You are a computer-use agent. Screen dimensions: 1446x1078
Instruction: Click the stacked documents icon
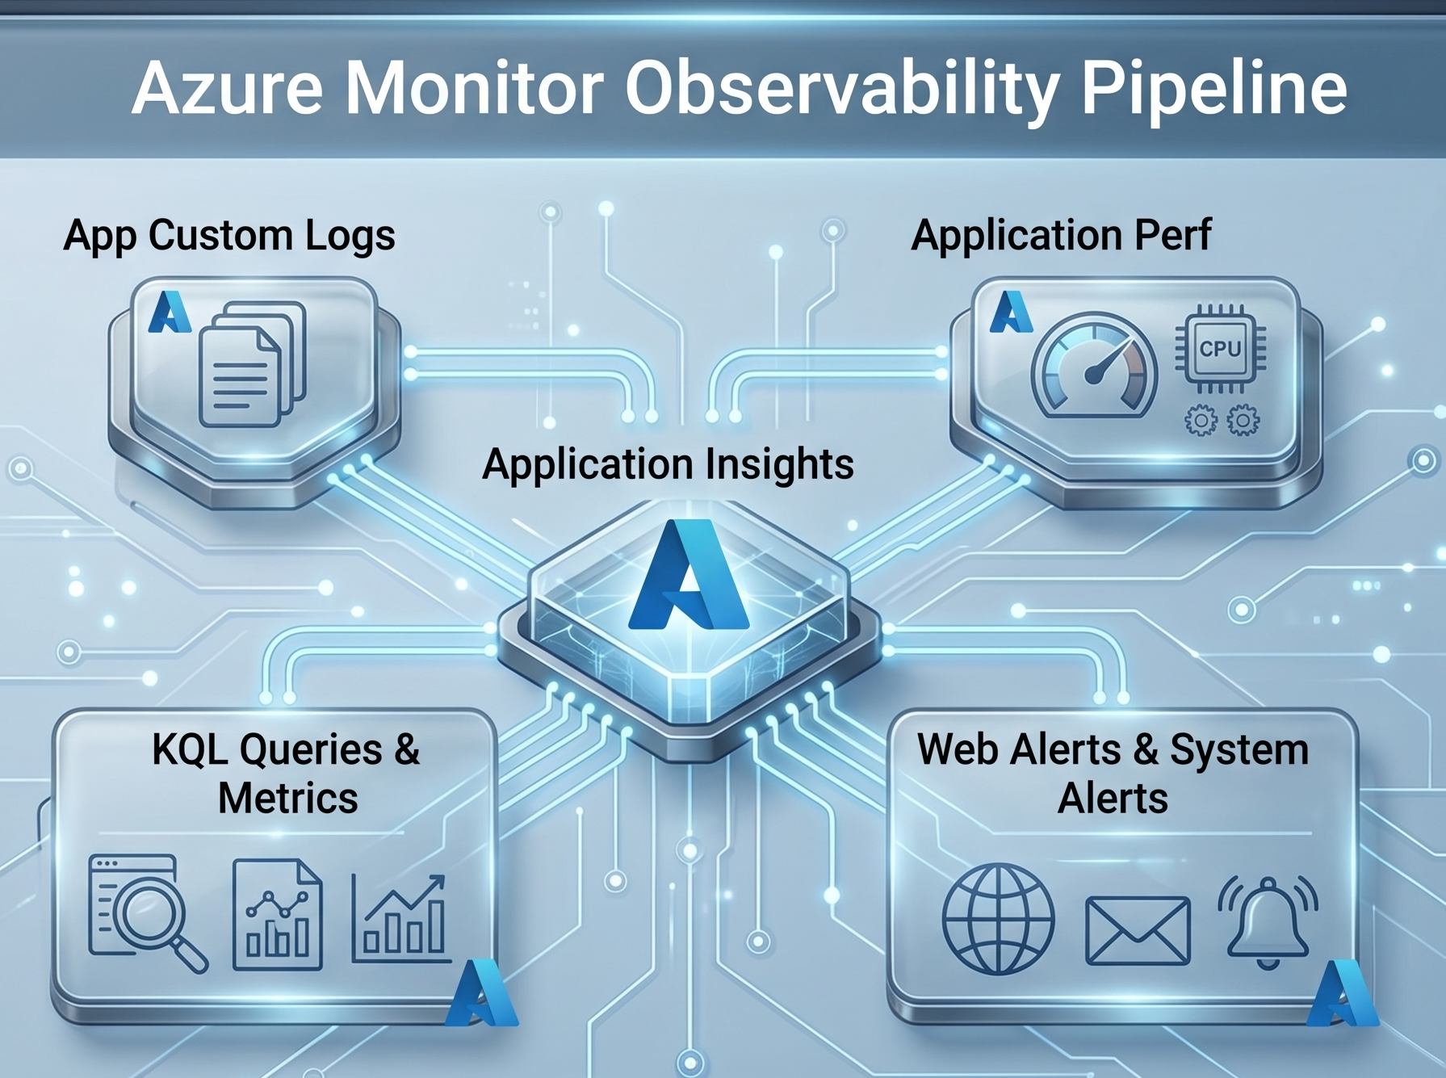[253, 363]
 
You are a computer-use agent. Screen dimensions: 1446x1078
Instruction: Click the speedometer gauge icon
[1095, 366]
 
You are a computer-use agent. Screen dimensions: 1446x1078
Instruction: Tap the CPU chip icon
[1220, 349]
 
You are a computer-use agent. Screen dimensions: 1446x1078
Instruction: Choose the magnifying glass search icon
[147, 913]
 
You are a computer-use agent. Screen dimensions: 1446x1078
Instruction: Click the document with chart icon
[277, 914]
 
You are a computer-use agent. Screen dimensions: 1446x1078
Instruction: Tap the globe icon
[999, 919]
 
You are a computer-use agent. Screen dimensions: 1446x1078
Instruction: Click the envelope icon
[1138, 930]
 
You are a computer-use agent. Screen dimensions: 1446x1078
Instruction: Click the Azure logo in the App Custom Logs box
[170, 312]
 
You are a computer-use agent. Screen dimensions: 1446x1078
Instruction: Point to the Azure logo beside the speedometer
[1011, 312]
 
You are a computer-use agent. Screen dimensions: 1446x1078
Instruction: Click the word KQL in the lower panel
[190, 749]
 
